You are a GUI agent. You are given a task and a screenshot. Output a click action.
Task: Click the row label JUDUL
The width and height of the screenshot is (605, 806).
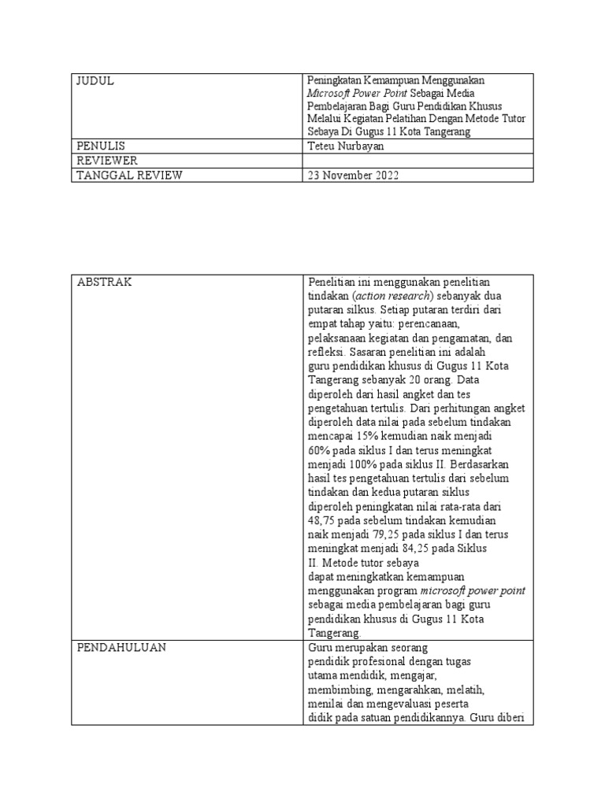[95, 81]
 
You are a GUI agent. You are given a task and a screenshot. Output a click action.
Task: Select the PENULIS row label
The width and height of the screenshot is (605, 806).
[101, 146]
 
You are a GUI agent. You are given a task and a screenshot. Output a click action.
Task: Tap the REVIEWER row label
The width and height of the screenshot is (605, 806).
[106, 161]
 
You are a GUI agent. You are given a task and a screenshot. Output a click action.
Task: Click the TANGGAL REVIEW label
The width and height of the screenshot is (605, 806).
[129, 176]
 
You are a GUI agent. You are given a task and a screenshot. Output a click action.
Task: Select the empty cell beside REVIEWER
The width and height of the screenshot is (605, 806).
[418, 161]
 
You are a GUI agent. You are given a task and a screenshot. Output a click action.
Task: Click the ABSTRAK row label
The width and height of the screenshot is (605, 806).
[104, 283]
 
